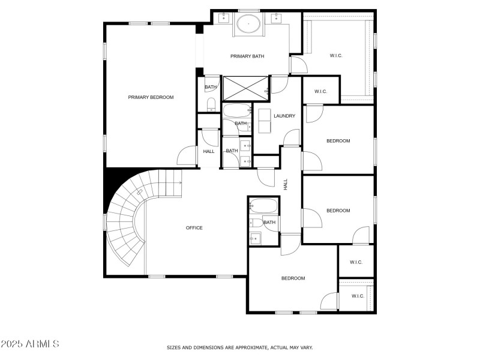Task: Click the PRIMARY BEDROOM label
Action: tap(151, 97)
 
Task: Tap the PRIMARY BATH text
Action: tap(247, 56)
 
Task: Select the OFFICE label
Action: tap(194, 228)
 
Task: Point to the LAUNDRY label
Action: tap(284, 116)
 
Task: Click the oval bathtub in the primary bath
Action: tap(247, 25)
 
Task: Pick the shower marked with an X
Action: tap(245, 88)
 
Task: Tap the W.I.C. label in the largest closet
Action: tap(335, 56)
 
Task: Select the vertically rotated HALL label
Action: tap(286, 185)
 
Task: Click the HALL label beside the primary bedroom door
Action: tap(209, 151)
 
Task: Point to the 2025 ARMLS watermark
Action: tap(30, 344)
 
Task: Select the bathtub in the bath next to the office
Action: tap(263, 207)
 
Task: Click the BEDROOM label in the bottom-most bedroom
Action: tap(293, 278)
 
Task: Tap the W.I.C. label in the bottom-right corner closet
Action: tap(358, 296)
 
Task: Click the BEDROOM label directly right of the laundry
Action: tap(338, 141)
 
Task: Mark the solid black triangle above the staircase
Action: tap(112, 182)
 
